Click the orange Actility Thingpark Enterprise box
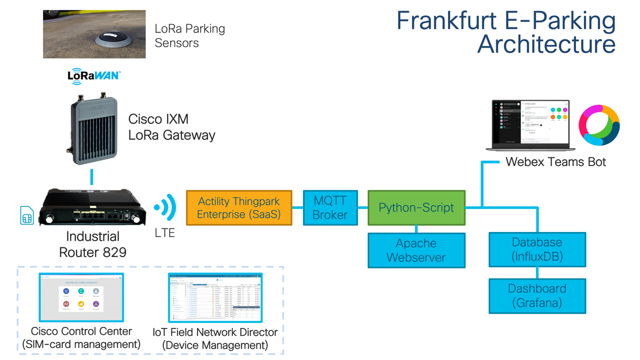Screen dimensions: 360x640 point(239,208)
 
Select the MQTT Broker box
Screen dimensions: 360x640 point(330,208)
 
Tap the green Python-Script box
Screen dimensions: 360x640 point(416,208)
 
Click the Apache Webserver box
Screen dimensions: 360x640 point(416,251)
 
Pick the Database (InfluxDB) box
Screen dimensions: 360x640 point(537,250)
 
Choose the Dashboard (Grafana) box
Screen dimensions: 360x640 point(537,296)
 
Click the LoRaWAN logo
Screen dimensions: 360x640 point(94,76)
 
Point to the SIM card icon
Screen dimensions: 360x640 point(27,216)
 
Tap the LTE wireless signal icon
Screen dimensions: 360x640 point(166,207)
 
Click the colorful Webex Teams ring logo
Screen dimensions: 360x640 point(599,125)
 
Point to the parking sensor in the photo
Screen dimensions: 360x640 point(111,39)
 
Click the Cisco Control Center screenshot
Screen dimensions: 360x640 point(81,297)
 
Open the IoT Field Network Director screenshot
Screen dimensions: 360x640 point(215,298)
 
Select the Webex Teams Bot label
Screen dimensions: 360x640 point(556,162)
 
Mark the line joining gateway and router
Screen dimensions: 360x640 point(92,177)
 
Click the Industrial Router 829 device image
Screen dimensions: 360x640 point(92,208)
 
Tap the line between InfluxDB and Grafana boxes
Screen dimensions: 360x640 point(537,273)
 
